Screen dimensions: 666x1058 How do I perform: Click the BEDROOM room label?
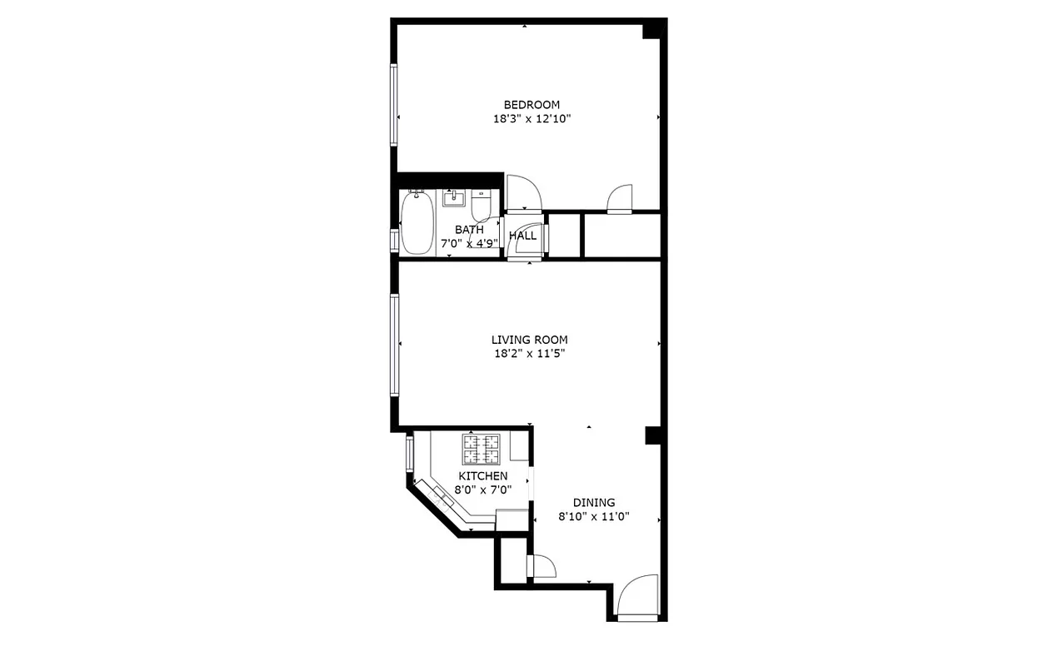tap(531, 105)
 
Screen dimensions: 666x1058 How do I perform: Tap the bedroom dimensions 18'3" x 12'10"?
tap(531, 119)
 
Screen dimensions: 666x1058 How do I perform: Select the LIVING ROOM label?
tap(529, 340)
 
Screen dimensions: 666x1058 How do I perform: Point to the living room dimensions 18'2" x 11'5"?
tap(529, 354)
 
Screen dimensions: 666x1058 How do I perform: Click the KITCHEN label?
tap(483, 476)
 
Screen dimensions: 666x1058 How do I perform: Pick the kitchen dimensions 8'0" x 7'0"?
tap(483, 490)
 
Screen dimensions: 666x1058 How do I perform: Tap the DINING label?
tap(593, 503)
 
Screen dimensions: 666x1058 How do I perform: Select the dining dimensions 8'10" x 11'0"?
tap(593, 516)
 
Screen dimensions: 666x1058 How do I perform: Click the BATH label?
tap(469, 230)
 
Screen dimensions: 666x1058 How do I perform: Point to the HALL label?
tap(522, 236)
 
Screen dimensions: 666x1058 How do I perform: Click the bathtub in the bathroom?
tap(416, 223)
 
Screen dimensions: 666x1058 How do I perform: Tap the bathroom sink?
tap(455, 200)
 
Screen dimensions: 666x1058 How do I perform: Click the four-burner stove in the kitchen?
tap(481, 449)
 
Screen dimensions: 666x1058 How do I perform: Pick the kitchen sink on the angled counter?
tap(442, 499)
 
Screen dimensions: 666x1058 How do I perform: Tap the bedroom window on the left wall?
tap(393, 105)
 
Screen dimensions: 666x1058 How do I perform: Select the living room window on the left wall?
tap(394, 344)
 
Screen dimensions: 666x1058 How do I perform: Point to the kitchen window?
tap(409, 455)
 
